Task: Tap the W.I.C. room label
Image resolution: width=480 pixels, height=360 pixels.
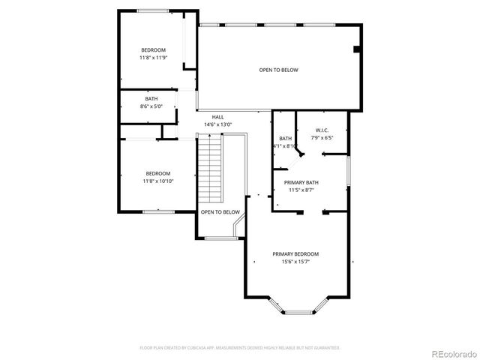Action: coord(323,130)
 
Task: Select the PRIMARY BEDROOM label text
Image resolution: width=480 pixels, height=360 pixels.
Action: coord(295,253)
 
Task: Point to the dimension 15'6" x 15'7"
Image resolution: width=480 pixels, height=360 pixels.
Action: coord(295,262)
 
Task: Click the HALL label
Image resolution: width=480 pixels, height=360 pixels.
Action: coord(217,117)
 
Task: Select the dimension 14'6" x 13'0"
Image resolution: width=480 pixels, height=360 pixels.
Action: coord(217,124)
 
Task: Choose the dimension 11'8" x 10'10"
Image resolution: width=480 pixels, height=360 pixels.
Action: coord(158,181)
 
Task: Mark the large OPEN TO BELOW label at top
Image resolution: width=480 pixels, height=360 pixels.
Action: coord(278,70)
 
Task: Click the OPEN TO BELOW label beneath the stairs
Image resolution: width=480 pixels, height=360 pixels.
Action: coord(220,212)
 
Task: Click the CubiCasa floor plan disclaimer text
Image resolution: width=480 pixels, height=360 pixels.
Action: coord(240,347)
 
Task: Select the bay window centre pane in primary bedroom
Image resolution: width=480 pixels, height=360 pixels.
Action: coord(298,310)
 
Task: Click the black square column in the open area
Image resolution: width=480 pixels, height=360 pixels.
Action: coord(357,49)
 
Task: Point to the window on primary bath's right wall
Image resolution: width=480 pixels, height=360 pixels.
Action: coord(349,169)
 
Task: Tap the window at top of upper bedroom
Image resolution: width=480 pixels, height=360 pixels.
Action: coord(153,10)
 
